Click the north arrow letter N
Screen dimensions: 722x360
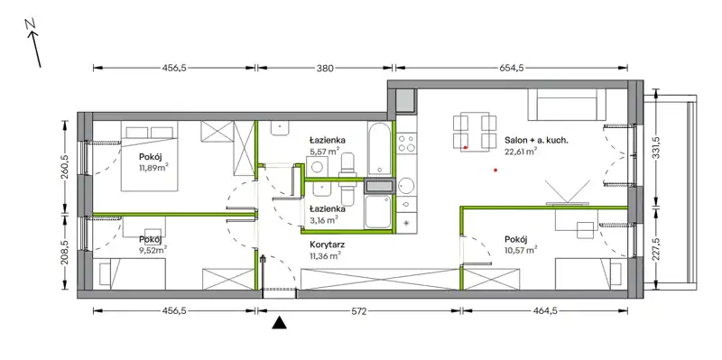pos(31,26)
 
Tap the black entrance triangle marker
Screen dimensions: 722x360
pos(279,323)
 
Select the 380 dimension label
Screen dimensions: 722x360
pos(325,69)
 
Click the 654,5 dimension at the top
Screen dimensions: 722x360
pos(511,69)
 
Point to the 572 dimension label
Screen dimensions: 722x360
pos(358,311)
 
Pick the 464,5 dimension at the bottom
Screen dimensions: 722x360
pos(545,311)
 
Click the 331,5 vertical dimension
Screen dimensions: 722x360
pos(657,146)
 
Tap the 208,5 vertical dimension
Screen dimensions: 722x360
pos(66,252)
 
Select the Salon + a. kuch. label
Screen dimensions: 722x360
pos(536,141)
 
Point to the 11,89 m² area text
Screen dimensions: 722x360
pos(153,168)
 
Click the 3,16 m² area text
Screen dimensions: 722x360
pos(324,219)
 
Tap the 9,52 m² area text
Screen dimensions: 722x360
pos(153,250)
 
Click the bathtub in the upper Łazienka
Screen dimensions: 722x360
pos(380,149)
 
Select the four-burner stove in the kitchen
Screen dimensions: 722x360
pos(407,143)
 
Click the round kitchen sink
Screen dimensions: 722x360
pos(407,186)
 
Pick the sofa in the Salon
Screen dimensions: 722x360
pos(566,105)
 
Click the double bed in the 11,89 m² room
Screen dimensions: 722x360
pos(149,155)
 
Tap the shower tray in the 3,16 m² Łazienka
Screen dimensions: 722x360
pos(378,212)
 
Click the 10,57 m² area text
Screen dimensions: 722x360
pos(522,251)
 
